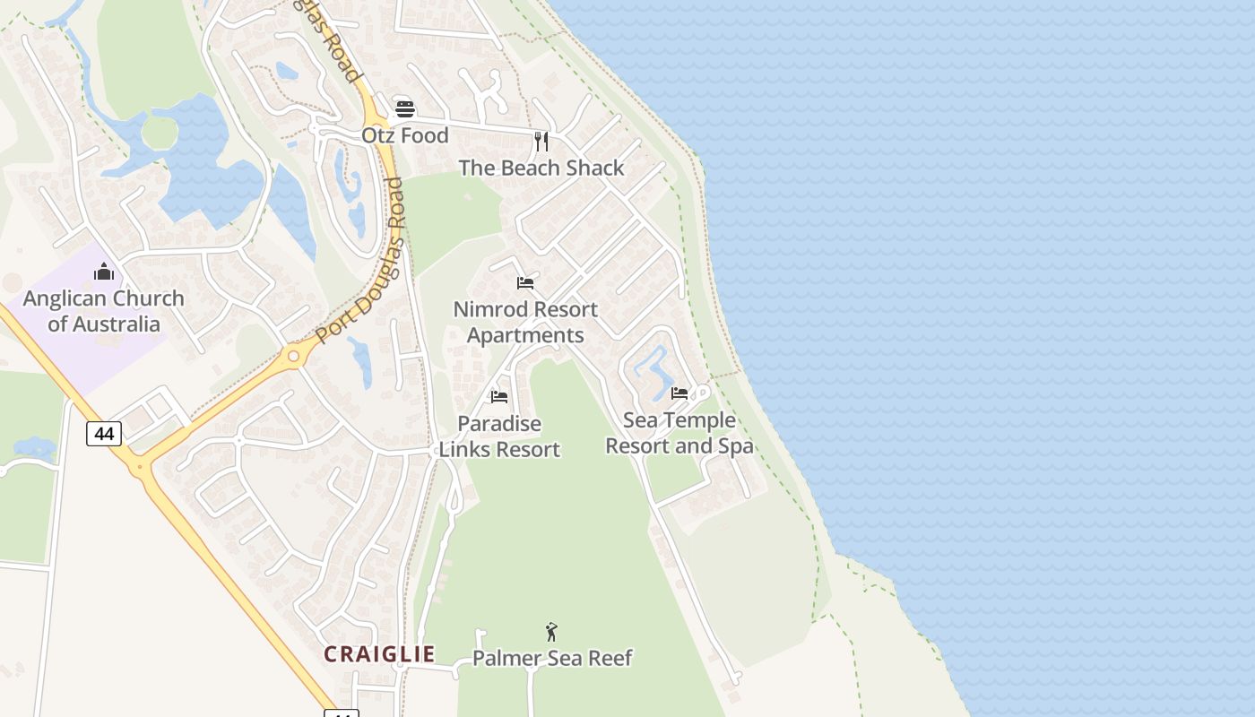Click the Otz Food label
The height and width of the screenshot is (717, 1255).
pyautogui.click(x=404, y=135)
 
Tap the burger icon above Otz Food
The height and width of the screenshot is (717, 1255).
pyautogui.click(x=405, y=109)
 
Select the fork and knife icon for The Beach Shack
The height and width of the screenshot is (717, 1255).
pyautogui.click(x=541, y=142)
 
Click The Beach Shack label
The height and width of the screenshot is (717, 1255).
pyautogui.click(x=541, y=168)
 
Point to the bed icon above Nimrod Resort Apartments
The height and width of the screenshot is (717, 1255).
pyautogui.click(x=525, y=283)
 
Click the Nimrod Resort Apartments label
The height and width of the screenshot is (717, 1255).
pyautogui.click(x=525, y=323)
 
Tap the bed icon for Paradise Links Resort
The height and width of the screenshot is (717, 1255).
pyautogui.click(x=499, y=396)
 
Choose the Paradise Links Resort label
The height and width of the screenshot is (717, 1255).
pyautogui.click(x=499, y=436)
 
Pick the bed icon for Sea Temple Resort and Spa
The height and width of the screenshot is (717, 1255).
pyautogui.click(x=679, y=393)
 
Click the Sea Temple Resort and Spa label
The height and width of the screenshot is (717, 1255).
pyautogui.click(x=679, y=433)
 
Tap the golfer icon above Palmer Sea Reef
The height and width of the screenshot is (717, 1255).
pyautogui.click(x=551, y=632)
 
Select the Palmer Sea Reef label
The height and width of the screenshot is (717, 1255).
pyautogui.click(x=552, y=659)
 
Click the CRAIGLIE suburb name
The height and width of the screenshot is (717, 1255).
pyautogui.click(x=379, y=654)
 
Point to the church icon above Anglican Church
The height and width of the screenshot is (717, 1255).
pyautogui.click(x=104, y=272)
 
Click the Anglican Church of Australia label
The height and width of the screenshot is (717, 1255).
pyautogui.click(x=104, y=311)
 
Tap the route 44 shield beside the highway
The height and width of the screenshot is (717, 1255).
pyautogui.click(x=104, y=434)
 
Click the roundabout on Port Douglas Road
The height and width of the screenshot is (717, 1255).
pyautogui.click(x=292, y=357)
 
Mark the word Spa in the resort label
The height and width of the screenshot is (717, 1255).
pyautogui.click(x=734, y=446)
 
